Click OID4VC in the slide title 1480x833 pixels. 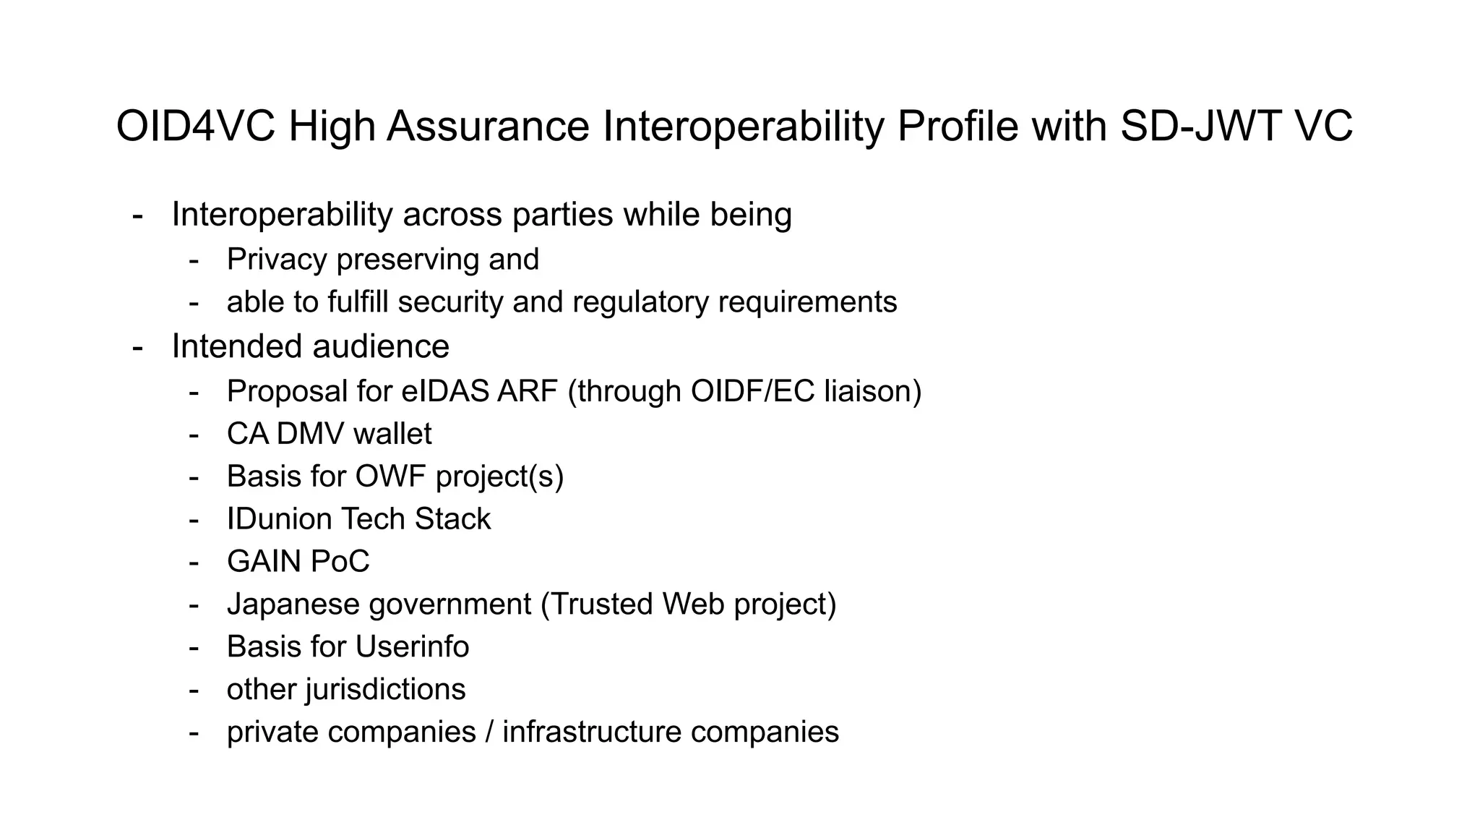(x=195, y=127)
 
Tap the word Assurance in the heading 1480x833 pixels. (x=489, y=127)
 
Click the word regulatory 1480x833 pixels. (x=640, y=302)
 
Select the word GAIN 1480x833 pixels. (x=264, y=562)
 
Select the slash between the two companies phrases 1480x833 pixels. (x=489, y=732)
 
